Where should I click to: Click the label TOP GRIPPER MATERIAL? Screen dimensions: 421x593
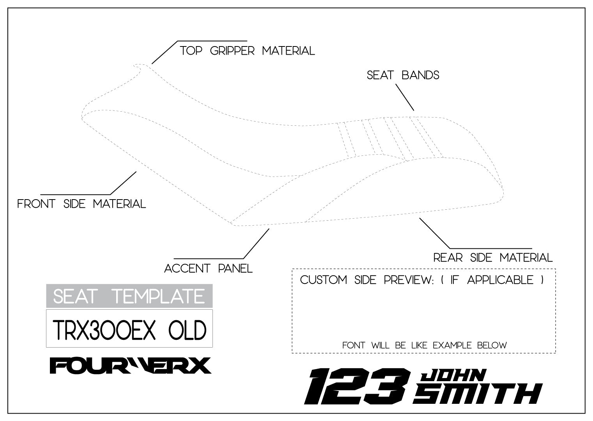pyautogui.click(x=247, y=51)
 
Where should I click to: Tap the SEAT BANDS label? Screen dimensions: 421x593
pyautogui.click(x=403, y=75)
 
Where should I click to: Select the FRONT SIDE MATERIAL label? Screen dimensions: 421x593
pyautogui.click(x=81, y=204)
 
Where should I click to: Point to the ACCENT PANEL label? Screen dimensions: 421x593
pyautogui.click(x=208, y=269)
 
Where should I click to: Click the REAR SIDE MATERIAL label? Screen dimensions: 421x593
pyautogui.click(x=493, y=258)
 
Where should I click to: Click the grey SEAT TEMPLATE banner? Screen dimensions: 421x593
pyautogui.click(x=129, y=296)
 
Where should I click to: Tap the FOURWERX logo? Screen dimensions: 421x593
pyautogui.click(x=130, y=366)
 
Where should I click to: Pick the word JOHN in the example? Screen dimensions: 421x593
pyautogui.click(x=453, y=376)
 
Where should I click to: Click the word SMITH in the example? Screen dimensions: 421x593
pyautogui.click(x=478, y=394)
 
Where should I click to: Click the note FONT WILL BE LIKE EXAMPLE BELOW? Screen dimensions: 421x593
pyautogui.click(x=424, y=345)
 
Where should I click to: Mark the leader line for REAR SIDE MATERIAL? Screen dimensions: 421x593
pyautogui.click(x=435, y=233)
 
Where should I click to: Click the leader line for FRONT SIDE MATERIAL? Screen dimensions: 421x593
pyautogui.click(x=123, y=183)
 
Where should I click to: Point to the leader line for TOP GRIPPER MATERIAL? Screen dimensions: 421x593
pyautogui.click(x=165, y=52)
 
